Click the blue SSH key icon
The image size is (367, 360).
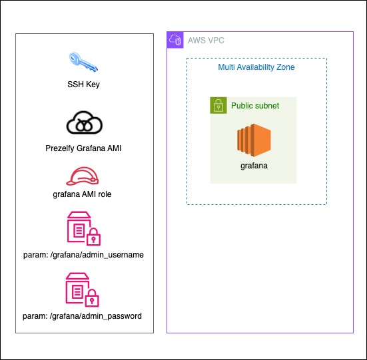(x=83, y=62)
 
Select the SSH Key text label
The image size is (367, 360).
(x=83, y=85)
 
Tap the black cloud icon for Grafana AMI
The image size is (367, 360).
(x=85, y=122)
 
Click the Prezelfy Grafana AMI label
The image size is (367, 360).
(x=83, y=148)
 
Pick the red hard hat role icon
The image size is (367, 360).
(x=82, y=176)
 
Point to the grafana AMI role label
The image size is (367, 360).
(x=82, y=194)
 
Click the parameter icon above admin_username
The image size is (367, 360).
(x=84, y=229)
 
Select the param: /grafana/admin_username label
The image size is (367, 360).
(x=83, y=255)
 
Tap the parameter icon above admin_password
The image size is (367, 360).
(x=82, y=289)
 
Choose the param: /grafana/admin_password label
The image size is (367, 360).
(x=82, y=316)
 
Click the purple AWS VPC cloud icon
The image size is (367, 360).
(x=175, y=40)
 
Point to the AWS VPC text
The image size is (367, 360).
(x=206, y=41)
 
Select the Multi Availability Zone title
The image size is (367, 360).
(x=256, y=67)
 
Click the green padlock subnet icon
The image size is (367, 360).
(x=218, y=105)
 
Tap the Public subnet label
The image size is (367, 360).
(x=255, y=106)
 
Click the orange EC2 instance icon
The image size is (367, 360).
(x=254, y=140)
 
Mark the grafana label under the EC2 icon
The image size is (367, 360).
(x=254, y=166)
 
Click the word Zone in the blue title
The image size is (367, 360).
(x=286, y=67)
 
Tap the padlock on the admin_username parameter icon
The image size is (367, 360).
(x=94, y=237)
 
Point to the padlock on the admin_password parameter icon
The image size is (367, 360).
(x=92, y=298)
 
